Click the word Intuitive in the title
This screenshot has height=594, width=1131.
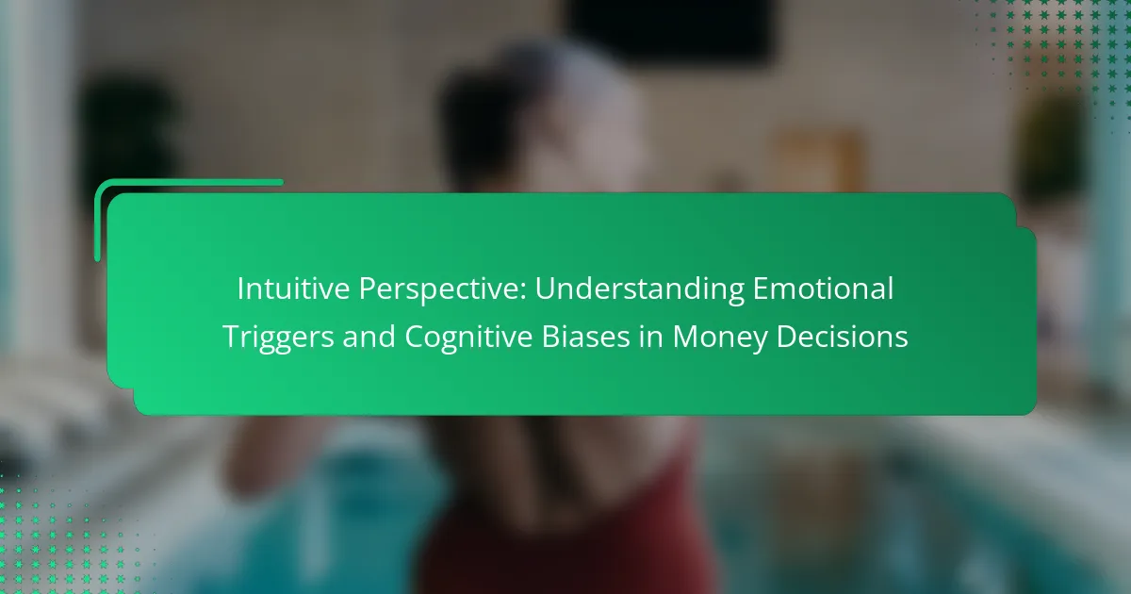pos(293,289)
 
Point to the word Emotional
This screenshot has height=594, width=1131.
pos(823,289)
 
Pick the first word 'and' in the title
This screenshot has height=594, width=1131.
pos(369,337)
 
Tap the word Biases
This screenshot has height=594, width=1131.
pos(585,337)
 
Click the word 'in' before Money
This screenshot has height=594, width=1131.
pos(651,337)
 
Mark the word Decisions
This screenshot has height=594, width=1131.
pos(843,337)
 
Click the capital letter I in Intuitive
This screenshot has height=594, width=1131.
pos(240,289)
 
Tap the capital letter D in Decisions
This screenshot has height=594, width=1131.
pos(787,337)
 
